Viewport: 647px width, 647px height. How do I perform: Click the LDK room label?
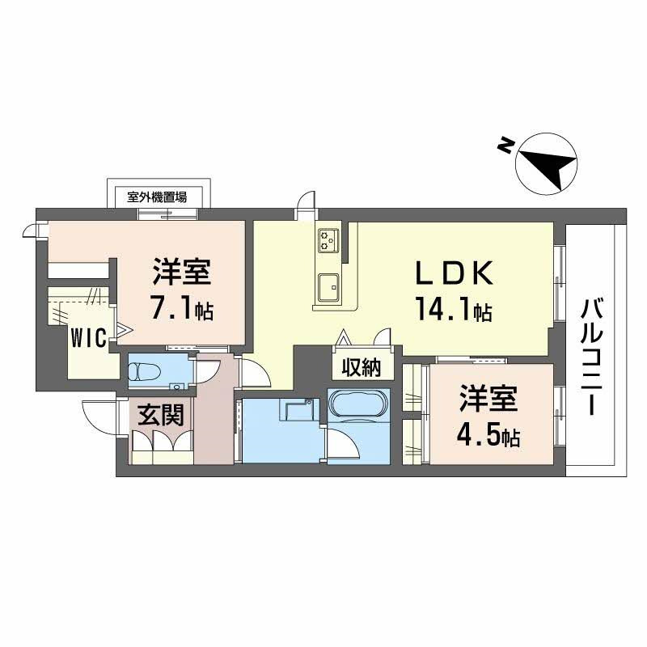(x=455, y=273)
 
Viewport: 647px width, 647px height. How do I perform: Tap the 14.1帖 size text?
(x=455, y=309)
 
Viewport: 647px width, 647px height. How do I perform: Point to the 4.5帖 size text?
(x=488, y=435)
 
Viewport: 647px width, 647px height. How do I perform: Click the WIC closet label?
(x=89, y=338)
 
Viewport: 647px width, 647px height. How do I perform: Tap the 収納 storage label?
(x=362, y=367)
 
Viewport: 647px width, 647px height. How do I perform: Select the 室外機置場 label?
(x=157, y=197)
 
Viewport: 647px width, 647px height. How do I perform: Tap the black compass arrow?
(x=548, y=167)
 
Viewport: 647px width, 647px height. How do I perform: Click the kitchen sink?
(x=329, y=288)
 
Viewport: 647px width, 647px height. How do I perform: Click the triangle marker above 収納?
(x=343, y=338)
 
